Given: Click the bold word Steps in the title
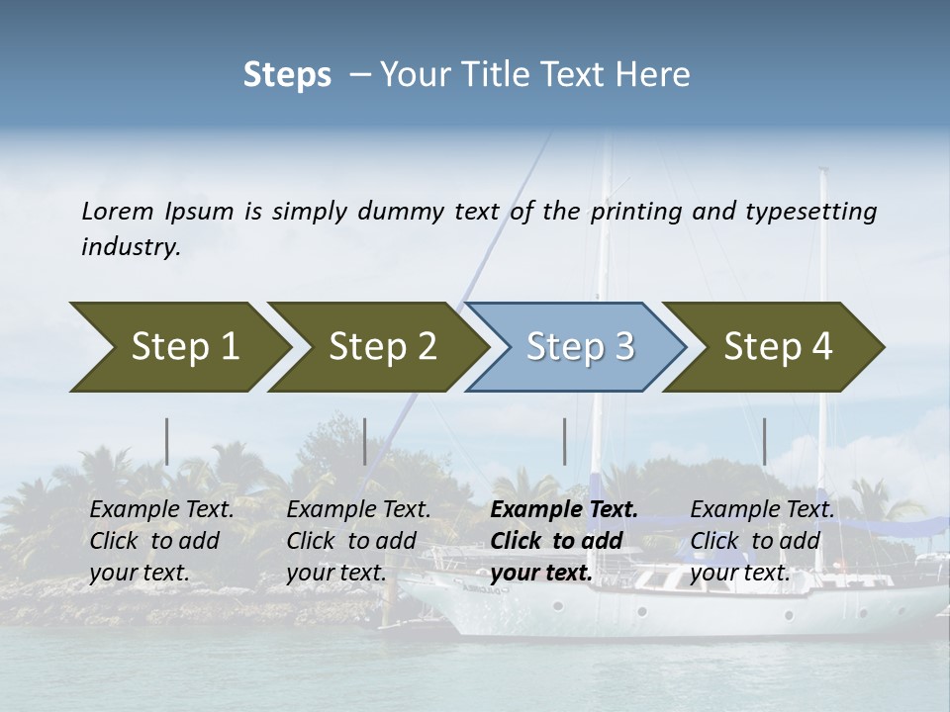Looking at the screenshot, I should [287, 75].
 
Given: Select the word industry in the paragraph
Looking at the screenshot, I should [131, 246].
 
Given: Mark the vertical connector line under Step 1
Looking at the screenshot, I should [167, 441].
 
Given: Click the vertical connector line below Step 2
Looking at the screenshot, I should [365, 441].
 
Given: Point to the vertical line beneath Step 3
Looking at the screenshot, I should [564, 441].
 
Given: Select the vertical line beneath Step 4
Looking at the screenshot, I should [765, 441].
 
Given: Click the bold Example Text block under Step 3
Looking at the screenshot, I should [564, 541].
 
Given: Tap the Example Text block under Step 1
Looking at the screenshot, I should [161, 541].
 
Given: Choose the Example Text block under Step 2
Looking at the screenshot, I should [358, 541].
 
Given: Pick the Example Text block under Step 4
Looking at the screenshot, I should [762, 541].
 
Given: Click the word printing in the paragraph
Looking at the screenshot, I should [636, 211].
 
